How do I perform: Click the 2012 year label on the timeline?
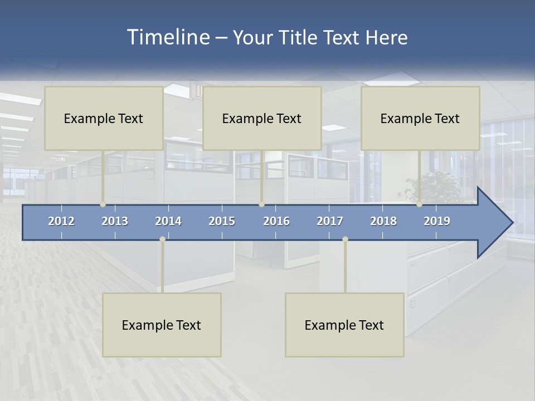click(x=61, y=221)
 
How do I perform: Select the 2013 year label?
click(x=115, y=221)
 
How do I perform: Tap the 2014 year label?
click(x=168, y=221)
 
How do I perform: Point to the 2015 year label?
click(x=222, y=221)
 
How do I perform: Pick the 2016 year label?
click(x=276, y=221)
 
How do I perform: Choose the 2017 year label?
click(x=330, y=221)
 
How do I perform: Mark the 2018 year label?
click(x=383, y=221)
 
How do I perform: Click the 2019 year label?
click(x=437, y=221)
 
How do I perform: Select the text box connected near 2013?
click(x=104, y=118)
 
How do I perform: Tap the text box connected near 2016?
click(x=262, y=118)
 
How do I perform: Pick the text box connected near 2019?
click(x=420, y=118)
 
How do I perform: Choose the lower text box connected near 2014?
click(x=162, y=325)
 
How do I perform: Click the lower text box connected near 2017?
click(x=344, y=325)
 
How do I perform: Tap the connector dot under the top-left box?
click(x=103, y=204)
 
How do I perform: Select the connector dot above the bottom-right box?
click(x=345, y=239)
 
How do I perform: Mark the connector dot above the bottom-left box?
click(x=162, y=239)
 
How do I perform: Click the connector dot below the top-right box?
click(x=419, y=204)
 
